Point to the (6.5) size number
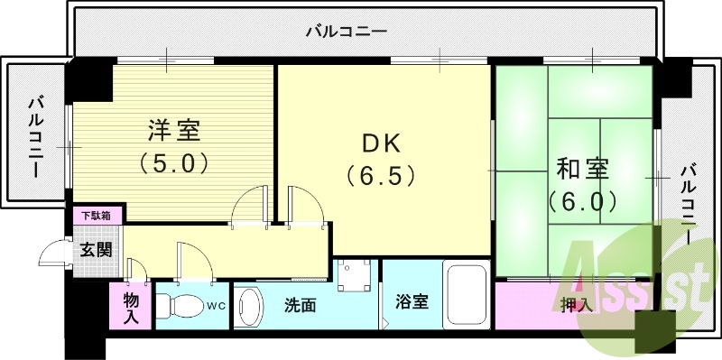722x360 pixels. click(380, 174)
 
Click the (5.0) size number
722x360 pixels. click(174, 163)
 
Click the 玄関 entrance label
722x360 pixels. click(97, 250)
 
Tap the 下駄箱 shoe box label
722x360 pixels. click(97, 216)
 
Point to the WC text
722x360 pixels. click(217, 306)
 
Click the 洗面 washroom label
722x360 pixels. click(300, 306)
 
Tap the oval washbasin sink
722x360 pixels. click(249, 308)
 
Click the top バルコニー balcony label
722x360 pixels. click(346, 31)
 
